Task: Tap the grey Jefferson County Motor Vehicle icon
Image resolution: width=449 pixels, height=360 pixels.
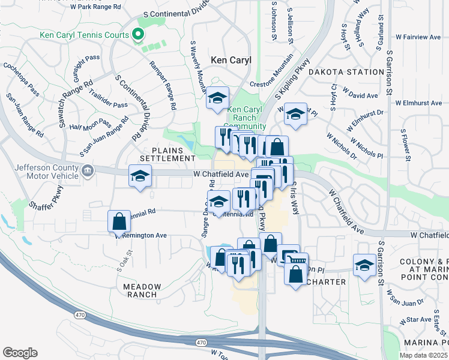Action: [88, 172]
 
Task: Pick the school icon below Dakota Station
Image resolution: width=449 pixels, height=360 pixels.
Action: [295, 113]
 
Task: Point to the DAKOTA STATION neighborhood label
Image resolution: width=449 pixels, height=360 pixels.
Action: [346, 72]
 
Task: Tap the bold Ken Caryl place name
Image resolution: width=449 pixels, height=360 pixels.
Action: [231, 61]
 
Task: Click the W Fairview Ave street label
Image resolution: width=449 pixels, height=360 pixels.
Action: [418, 37]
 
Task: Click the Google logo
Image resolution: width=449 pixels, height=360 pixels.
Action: [20, 353]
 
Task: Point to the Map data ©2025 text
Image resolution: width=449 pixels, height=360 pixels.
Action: [423, 355]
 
